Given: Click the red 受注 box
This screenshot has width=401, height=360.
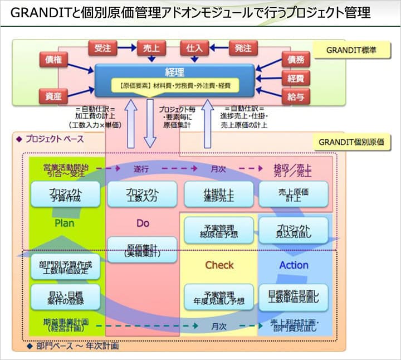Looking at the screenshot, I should tap(102, 48).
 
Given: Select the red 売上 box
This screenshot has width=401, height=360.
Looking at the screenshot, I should tap(149, 48).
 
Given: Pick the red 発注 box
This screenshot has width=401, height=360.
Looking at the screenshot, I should tap(243, 48).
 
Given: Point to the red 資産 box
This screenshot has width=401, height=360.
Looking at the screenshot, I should tap(53, 96).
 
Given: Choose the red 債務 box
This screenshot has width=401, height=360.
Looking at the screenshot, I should tap(295, 59).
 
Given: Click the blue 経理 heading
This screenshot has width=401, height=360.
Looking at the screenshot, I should tap(174, 72).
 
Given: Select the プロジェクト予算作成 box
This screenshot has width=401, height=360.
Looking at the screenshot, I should tap(66, 194).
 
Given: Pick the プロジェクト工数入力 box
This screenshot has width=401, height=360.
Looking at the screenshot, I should tap(143, 194).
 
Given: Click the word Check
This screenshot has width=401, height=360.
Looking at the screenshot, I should tap(219, 265).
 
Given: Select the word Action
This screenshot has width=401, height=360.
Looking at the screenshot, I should tap(294, 265).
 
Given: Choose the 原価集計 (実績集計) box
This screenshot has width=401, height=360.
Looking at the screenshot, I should tap(143, 250).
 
